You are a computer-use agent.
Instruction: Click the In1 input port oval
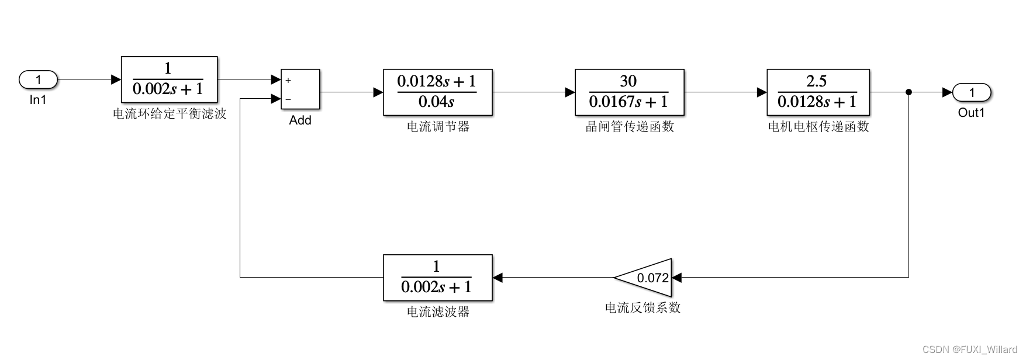click(x=39, y=79)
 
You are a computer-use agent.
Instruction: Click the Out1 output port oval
click(x=972, y=92)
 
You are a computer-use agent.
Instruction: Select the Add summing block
click(x=300, y=89)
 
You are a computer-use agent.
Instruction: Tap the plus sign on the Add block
click(x=288, y=81)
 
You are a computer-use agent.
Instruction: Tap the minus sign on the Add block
click(x=288, y=99)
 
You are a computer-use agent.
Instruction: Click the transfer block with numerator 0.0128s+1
click(x=437, y=92)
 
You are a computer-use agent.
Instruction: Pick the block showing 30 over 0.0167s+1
click(x=629, y=92)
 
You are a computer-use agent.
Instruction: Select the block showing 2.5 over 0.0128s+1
click(x=818, y=92)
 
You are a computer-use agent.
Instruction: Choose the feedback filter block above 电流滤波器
click(x=437, y=278)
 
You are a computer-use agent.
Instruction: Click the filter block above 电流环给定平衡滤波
click(x=169, y=79)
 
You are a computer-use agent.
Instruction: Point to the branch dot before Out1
click(x=908, y=92)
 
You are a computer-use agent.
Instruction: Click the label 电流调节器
click(x=438, y=127)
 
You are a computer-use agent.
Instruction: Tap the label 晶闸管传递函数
click(x=630, y=127)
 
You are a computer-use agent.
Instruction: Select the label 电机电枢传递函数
click(x=818, y=127)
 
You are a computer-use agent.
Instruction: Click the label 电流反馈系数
click(x=642, y=308)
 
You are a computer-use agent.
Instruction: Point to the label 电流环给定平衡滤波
click(x=170, y=114)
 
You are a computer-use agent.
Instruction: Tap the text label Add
click(x=300, y=120)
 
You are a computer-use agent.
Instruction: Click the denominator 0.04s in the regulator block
click(x=436, y=102)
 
